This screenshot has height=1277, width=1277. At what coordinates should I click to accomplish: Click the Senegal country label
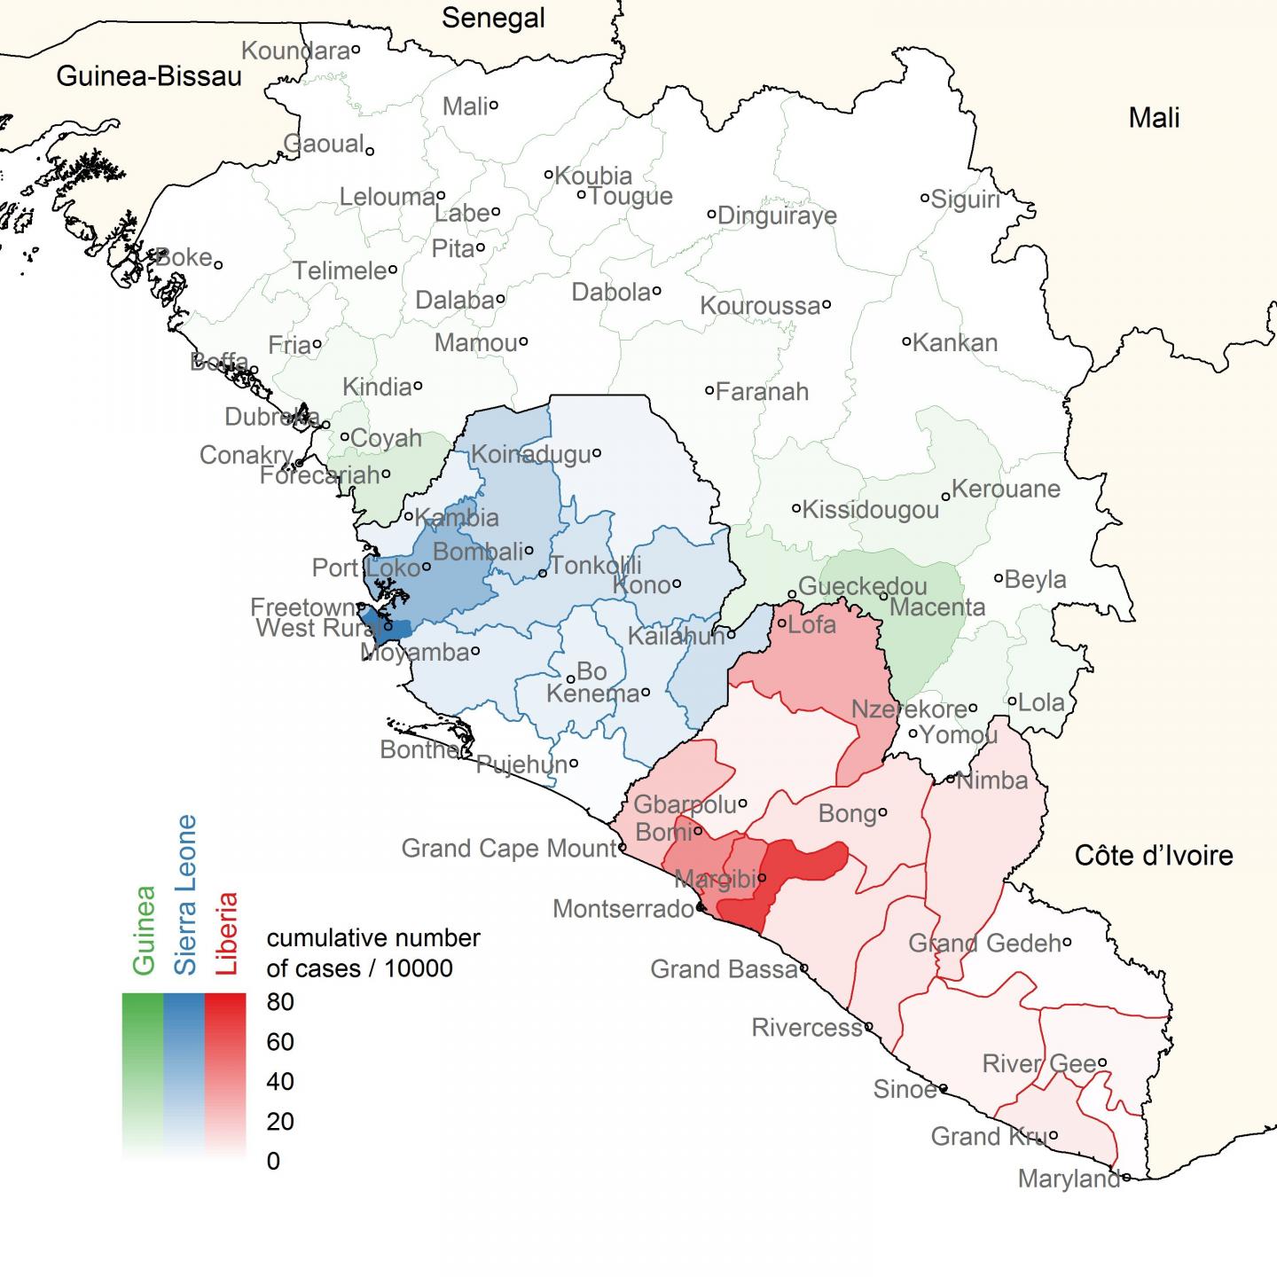(x=493, y=18)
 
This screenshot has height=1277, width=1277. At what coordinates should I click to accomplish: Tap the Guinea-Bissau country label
(x=149, y=77)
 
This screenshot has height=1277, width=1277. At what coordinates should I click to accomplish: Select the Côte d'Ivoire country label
(x=1153, y=856)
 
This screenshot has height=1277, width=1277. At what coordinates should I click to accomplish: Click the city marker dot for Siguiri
(x=924, y=198)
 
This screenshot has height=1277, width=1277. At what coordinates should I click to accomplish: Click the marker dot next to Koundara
(x=356, y=50)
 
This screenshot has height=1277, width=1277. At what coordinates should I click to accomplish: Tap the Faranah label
(x=762, y=391)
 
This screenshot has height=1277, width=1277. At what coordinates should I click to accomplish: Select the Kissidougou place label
(x=870, y=510)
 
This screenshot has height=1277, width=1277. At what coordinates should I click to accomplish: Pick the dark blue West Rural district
(x=393, y=630)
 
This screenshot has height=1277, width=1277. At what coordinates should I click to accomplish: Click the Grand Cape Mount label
(x=508, y=849)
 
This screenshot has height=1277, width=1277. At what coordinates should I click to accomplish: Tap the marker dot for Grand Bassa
(x=804, y=968)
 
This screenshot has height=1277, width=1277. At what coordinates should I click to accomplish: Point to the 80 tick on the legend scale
(x=280, y=1001)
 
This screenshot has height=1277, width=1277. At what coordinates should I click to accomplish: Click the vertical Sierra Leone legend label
(x=185, y=895)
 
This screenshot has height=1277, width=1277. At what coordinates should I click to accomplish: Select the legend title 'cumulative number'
(x=373, y=938)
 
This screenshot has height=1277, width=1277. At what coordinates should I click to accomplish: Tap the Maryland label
(x=1069, y=1179)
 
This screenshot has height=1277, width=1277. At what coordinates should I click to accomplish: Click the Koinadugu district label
(x=529, y=455)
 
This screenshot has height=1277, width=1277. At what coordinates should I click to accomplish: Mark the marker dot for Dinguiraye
(x=711, y=214)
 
